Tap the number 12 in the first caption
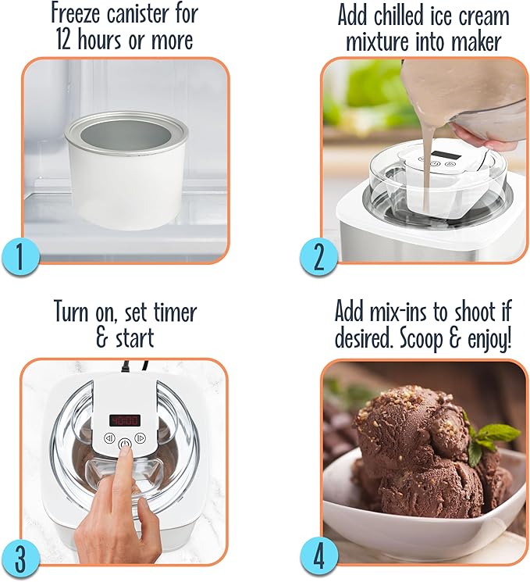click(66, 40)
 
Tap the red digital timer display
click(124, 420)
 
